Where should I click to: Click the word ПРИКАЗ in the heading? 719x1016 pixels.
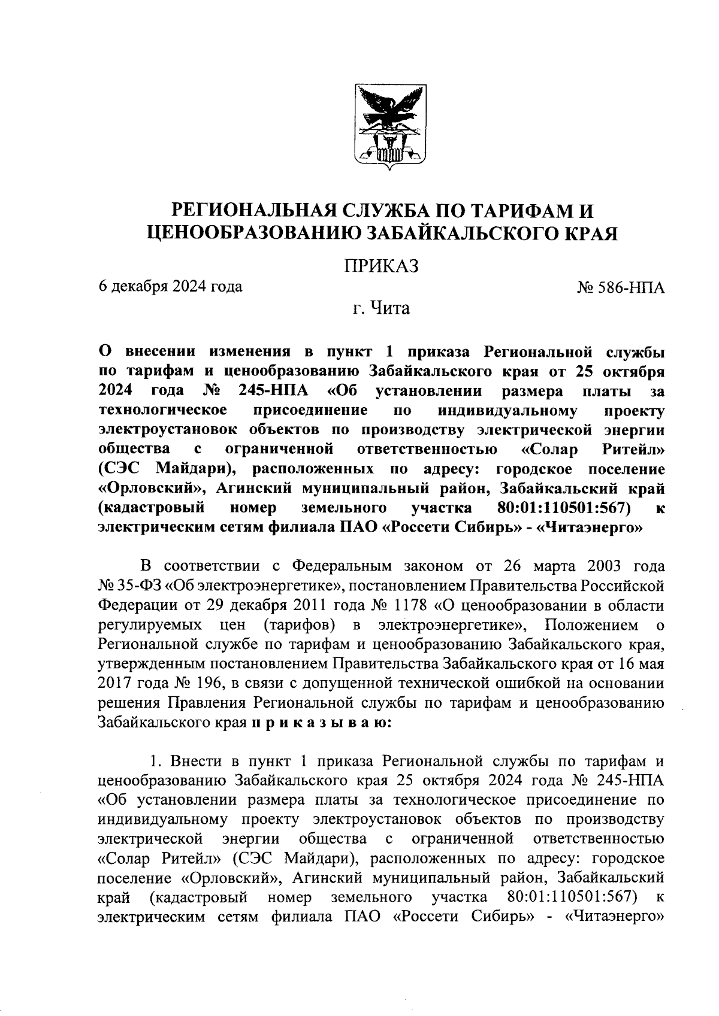[380, 266]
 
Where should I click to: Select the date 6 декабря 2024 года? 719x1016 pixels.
[171, 286]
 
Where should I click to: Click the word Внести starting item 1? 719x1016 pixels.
[197, 762]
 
